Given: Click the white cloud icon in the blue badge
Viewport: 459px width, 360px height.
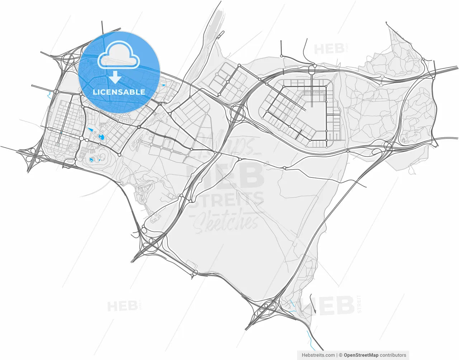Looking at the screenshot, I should (x=119, y=56).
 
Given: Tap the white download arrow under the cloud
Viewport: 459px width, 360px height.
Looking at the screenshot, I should (x=115, y=77).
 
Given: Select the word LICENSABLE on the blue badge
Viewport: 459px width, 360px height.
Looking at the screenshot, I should (x=119, y=92).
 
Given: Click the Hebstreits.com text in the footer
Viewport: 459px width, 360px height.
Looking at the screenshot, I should (x=318, y=355).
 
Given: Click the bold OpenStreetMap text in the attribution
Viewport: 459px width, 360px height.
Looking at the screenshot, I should (x=361, y=355).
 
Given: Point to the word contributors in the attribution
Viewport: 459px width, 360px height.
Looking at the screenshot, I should (x=393, y=355).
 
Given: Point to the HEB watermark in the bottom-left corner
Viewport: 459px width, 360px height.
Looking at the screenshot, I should (x=122, y=306).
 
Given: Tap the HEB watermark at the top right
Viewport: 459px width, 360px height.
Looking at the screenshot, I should (x=329, y=49).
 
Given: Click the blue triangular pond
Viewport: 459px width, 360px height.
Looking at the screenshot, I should (x=90, y=129).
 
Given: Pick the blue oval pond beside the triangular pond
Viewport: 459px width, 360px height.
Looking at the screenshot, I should (x=101, y=137).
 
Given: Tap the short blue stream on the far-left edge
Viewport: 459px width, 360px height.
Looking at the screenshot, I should (x=48, y=95).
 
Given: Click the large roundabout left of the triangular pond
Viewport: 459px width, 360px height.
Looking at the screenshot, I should (x=82, y=138).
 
